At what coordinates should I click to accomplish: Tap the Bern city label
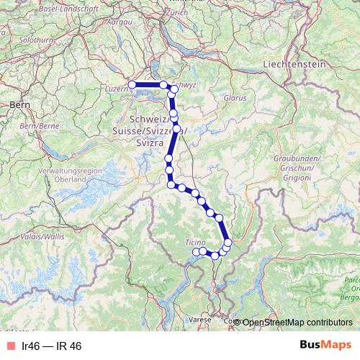(18, 104)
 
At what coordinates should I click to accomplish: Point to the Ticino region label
(196, 241)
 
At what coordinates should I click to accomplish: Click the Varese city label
(200, 318)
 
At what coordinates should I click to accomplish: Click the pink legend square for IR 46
(10, 346)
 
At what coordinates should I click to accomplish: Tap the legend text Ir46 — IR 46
(52, 346)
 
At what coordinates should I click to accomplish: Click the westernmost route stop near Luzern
(132, 85)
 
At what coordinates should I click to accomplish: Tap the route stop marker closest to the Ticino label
(196, 251)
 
